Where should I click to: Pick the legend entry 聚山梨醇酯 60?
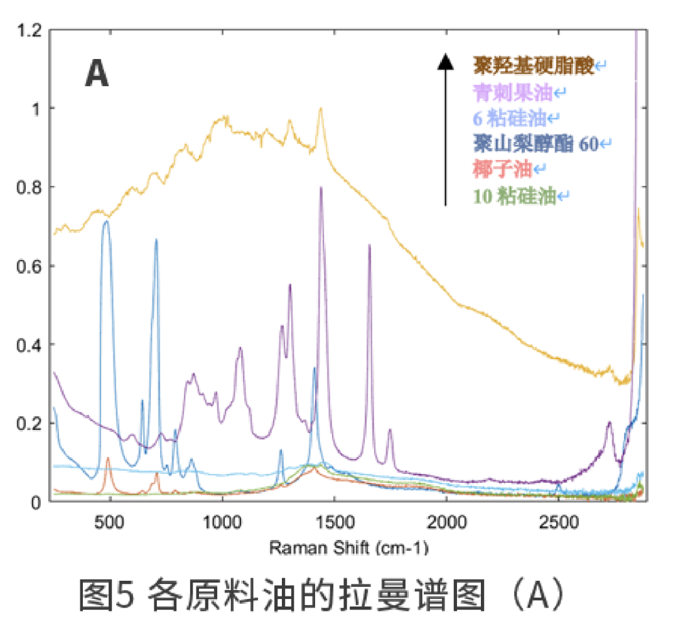535,144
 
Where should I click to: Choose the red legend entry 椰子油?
503,169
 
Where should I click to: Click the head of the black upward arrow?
445,62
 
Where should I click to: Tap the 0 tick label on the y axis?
37,502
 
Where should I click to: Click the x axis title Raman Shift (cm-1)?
348,547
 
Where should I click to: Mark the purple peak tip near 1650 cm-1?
369,245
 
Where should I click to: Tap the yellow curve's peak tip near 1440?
320,109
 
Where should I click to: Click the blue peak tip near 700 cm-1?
156,240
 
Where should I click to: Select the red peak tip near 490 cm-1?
108,458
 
